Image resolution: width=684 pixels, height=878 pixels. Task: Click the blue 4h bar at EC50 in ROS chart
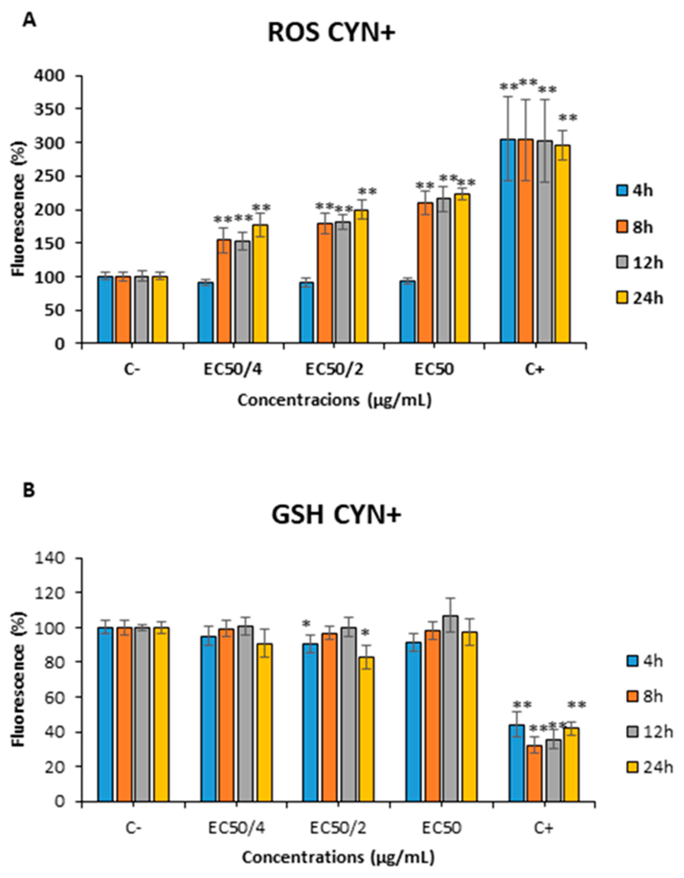coord(407,312)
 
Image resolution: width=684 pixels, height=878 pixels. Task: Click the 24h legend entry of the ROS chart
coord(640,298)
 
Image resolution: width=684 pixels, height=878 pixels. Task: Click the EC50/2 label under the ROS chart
coord(334,369)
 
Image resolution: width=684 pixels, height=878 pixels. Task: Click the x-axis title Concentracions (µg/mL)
coord(334,400)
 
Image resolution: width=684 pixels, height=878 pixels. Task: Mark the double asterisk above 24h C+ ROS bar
coord(568,119)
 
